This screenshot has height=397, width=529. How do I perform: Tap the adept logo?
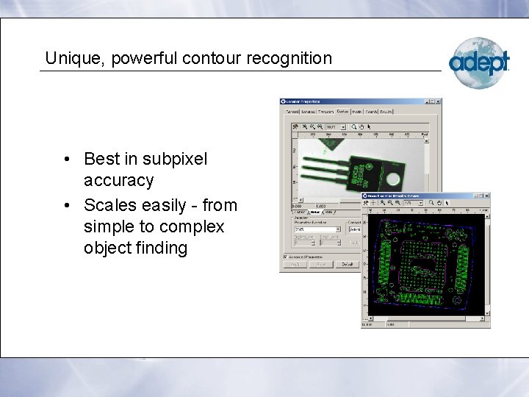tap(478, 62)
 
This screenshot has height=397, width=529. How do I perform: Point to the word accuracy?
tap(118, 180)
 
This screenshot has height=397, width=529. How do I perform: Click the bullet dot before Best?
tap(66, 160)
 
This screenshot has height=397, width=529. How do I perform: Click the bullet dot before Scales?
tap(66, 205)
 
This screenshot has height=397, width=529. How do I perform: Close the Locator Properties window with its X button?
tap(438, 101)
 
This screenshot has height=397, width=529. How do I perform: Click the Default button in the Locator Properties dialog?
tap(347, 264)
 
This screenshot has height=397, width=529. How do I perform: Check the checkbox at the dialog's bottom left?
tap(285, 256)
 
